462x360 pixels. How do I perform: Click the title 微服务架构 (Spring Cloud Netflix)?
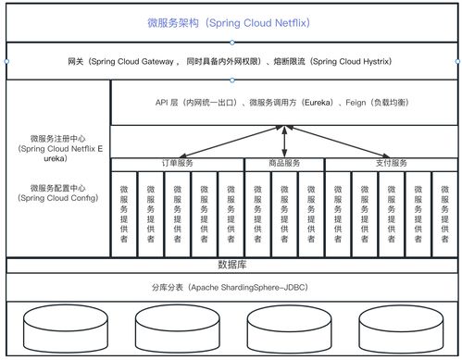tap(231, 21)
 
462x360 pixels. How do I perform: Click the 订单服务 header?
tap(177, 164)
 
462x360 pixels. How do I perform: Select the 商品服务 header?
tap(284, 164)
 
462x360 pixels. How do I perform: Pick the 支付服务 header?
tap(391, 164)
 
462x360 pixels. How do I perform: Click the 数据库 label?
tap(231, 265)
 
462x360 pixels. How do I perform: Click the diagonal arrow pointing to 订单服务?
tap(231, 142)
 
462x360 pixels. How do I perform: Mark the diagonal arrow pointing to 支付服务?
tap(338, 142)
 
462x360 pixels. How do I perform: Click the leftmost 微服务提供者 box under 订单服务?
tap(124, 214)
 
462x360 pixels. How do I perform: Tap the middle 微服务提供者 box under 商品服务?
tap(284, 214)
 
